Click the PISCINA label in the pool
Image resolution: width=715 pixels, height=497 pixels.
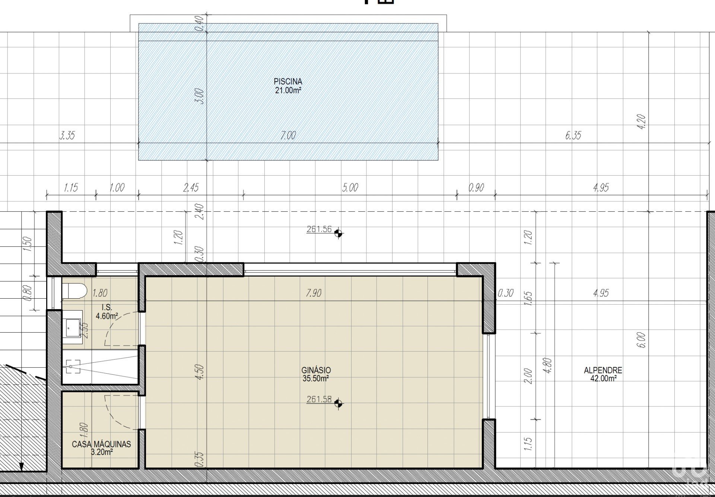[288, 81]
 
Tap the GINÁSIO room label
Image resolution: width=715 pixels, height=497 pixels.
[316, 370]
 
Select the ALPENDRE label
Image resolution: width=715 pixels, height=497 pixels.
[603, 370]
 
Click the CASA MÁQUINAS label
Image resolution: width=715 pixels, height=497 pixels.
[101, 444]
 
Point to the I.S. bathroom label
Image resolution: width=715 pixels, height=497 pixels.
[107, 308]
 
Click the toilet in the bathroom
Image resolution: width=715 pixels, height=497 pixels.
[74, 291]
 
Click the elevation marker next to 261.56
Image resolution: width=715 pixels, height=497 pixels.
[338, 234]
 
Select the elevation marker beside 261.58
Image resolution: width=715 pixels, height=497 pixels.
[338, 403]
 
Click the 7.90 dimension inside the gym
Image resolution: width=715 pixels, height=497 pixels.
[313, 293]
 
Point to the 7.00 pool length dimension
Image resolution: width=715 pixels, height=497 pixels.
[288, 135]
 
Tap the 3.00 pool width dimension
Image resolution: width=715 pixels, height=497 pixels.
[200, 96]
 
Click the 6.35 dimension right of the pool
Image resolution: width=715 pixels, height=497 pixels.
[573, 135]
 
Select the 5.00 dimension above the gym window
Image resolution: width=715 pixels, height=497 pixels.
[350, 188]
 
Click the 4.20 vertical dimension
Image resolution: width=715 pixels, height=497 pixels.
[642, 122]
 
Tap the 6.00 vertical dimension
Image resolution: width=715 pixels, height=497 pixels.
[642, 340]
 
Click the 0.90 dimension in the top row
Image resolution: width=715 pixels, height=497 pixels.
[476, 188]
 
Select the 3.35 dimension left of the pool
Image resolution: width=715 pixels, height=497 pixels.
[67, 135]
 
